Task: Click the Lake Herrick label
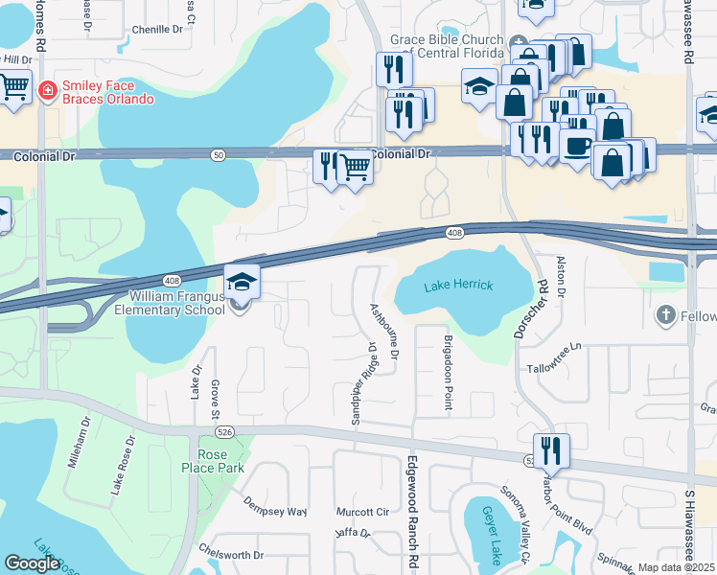click(458, 287)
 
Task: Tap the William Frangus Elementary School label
click(170, 303)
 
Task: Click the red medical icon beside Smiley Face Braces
click(45, 92)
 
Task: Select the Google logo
click(32, 563)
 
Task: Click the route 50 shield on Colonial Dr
click(220, 155)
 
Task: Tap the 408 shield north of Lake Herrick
click(455, 233)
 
